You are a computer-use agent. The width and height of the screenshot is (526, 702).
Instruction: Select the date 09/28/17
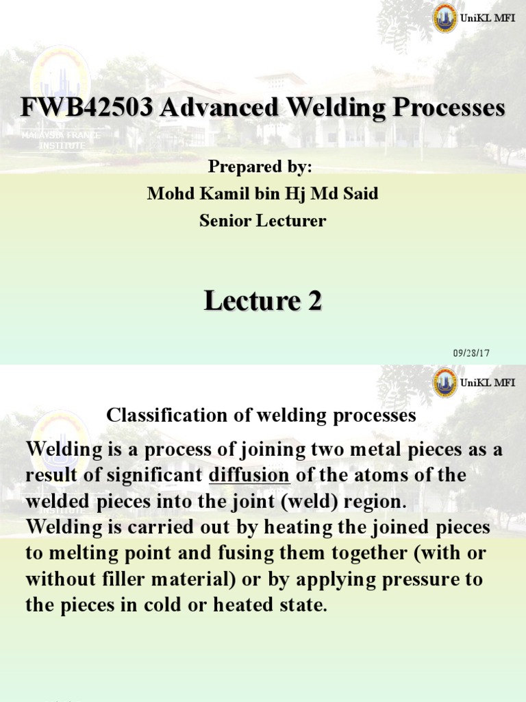coord(471,353)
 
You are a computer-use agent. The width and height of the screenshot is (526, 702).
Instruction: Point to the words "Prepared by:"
coord(262,168)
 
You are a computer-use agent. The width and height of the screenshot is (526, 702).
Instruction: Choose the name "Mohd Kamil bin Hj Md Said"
coord(262,195)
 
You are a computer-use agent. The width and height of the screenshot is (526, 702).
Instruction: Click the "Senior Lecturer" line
coord(262,221)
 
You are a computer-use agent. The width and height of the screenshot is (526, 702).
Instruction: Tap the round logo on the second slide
coord(445,383)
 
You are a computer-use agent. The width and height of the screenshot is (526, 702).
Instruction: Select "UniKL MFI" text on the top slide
coord(488,19)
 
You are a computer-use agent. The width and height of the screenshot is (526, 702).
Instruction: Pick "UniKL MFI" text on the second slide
coord(488,383)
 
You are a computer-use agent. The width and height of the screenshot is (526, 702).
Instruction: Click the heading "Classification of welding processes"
coord(261,415)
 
